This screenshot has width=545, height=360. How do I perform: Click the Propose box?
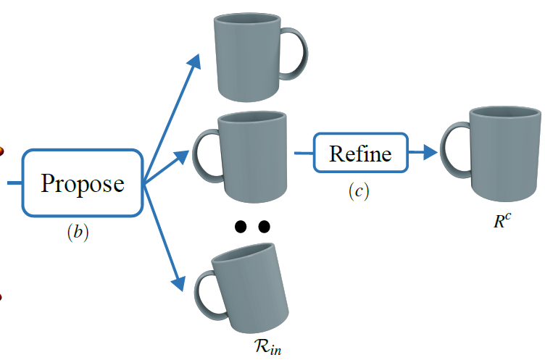pyautogui.click(x=82, y=183)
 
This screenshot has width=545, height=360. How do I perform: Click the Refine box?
pyautogui.click(x=360, y=153)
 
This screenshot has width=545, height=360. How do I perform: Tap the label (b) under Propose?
pyautogui.click(x=77, y=233)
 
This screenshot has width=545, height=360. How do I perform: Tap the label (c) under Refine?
pyautogui.click(x=358, y=191)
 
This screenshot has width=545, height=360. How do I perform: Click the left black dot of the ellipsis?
pyautogui.click(x=241, y=227)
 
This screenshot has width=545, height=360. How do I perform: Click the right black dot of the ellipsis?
pyautogui.click(x=264, y=227)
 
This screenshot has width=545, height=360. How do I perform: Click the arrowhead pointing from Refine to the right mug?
pyautogui.click(x=429, y=153)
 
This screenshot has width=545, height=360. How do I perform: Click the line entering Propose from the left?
pyautogui.click(x=13, y=183)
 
